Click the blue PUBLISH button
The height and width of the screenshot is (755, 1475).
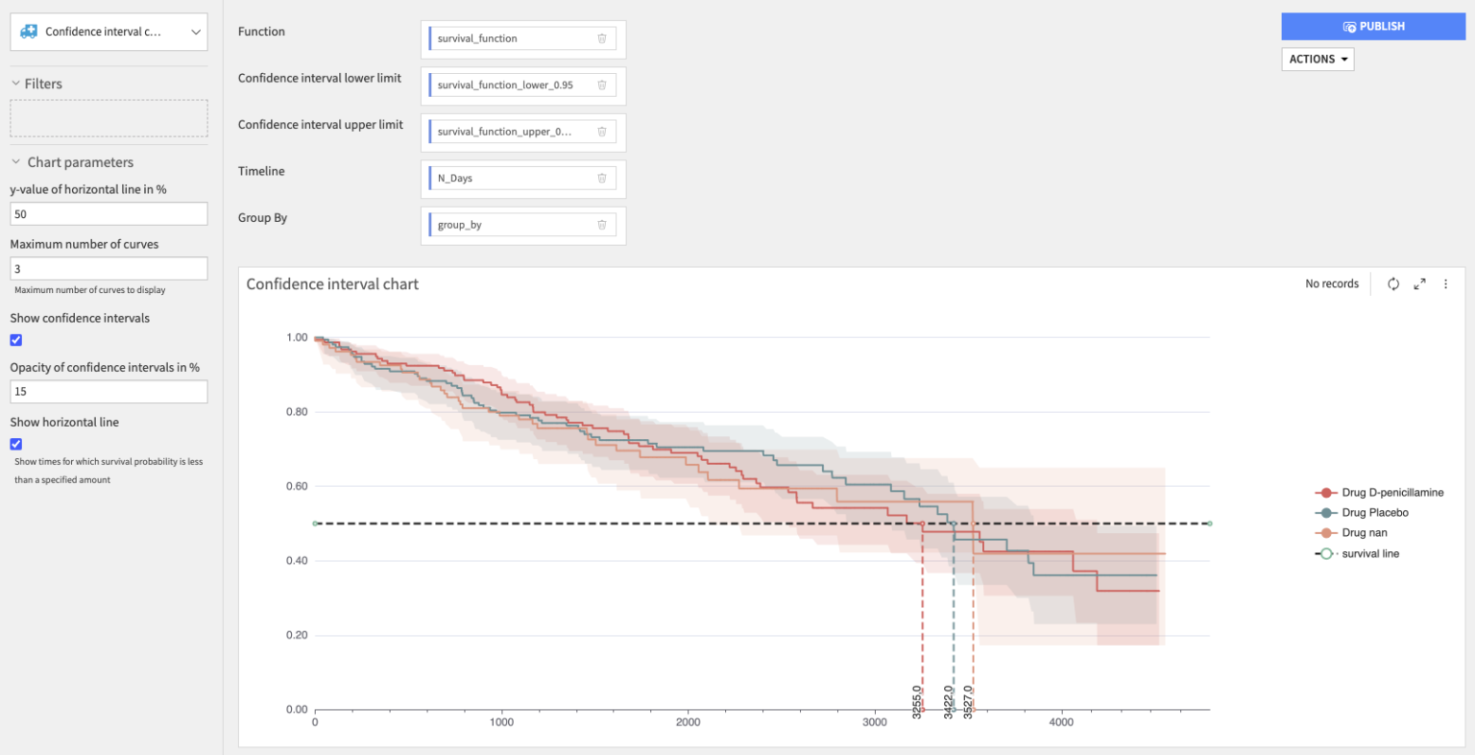tap(1373, 26)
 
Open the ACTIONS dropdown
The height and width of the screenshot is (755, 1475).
tap(1318, 60)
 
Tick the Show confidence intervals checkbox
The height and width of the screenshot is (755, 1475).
tap(16, 340)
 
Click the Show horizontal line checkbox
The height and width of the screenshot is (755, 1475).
tap(16, 444)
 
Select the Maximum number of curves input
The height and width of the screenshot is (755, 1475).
tap(109, 269)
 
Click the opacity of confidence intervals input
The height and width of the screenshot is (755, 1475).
tap(109, 392)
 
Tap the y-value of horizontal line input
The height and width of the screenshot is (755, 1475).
tap(109, 214)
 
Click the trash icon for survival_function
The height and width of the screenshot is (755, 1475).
tap(602, 38)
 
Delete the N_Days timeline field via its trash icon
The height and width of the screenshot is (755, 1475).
tap(602, 178)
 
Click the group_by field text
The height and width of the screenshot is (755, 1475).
tap(460, 225)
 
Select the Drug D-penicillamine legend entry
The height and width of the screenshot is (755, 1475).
tap(1391, 493)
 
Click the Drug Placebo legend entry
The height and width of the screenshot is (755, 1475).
tap(1374, 513)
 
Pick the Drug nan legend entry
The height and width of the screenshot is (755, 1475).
tap(1364, 533)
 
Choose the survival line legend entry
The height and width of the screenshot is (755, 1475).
tap(1369, 554)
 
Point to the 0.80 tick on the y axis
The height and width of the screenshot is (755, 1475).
tap(297, 412)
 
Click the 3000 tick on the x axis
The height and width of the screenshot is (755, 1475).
tap(875, 722)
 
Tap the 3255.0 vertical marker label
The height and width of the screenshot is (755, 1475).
tap(917, 700)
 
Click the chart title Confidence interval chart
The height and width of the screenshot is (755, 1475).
tap(332, 284)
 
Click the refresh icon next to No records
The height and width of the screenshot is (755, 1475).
tap(1393, 284)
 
